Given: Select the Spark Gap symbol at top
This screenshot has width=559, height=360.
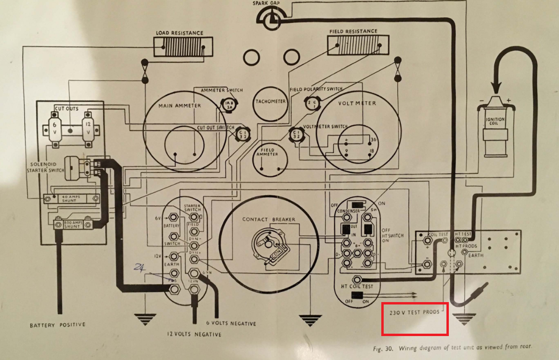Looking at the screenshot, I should pyautogui.click(x=270, y=18).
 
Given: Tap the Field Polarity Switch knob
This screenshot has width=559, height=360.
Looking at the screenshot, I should pyautogui.click(x=311, y=103).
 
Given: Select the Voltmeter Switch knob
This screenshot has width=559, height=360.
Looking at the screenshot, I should pyautogui.click(x=297, y=135).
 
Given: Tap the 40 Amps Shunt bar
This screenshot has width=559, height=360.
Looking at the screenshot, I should pyautogui.click(x=73, y=198).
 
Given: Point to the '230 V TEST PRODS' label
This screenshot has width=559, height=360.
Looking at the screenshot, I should pyautogui.click(x=415, y=312).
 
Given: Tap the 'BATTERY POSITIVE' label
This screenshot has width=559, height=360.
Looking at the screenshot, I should pyautogui.click(x=57, y=325).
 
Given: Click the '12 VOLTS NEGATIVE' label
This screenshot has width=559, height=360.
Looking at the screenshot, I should pyautogui.click(x=194, y=334).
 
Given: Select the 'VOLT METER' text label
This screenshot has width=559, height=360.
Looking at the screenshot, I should pyautogui.click(x=357, y=103).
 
